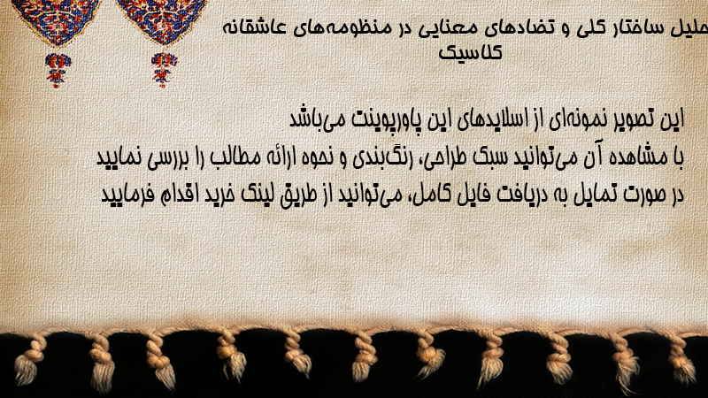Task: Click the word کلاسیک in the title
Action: (471, 52)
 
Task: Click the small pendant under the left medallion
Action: (57, 70)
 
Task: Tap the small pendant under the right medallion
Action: (164, 69)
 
